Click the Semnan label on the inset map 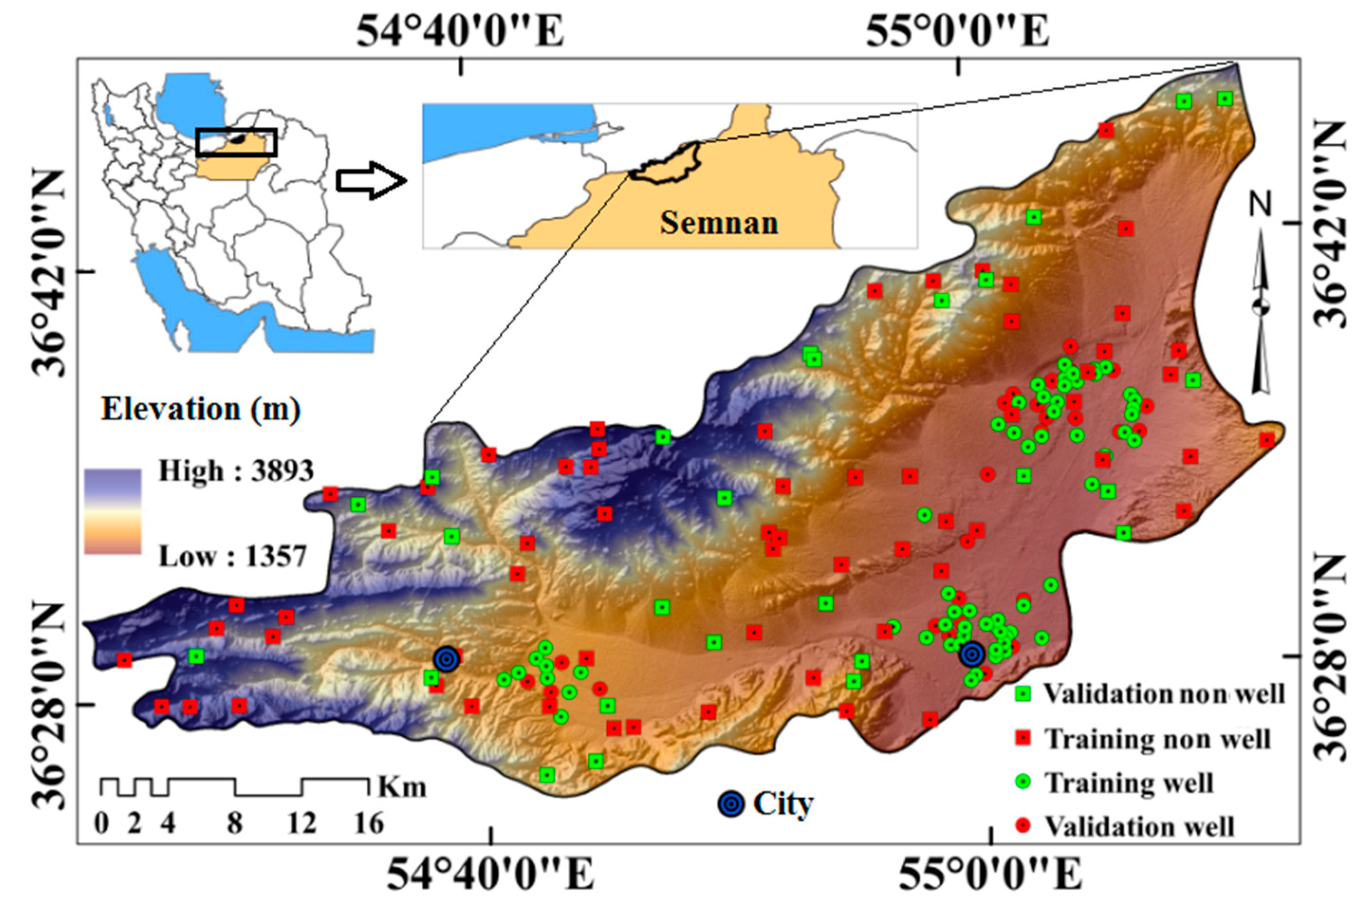719,223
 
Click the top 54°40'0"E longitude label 460,32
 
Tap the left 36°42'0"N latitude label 55,272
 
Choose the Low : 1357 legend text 232,557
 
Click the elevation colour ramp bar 113,511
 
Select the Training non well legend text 1157,738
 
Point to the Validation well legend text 1140,826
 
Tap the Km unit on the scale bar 402,786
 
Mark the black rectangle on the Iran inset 236,142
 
